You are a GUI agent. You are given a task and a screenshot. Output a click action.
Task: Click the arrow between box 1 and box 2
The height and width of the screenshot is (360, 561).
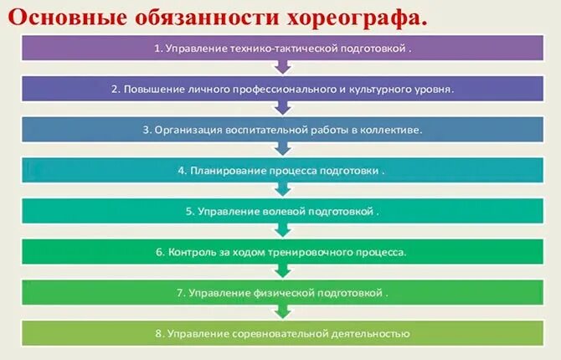(282, 67)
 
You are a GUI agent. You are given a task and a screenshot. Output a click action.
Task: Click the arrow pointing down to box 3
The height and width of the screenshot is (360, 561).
(282, 107)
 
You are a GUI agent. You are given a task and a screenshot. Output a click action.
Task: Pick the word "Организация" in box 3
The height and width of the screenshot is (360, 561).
(183, 130)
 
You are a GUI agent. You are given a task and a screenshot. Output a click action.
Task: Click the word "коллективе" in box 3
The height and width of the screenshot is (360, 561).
(392, 130)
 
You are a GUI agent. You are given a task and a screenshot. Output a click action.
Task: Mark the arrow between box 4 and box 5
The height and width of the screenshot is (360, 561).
(282, 189)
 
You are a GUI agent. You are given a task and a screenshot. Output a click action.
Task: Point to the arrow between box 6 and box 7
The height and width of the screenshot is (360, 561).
(282, 270)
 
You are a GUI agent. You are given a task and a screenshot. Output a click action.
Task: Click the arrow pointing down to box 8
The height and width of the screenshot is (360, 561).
(282, 311)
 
